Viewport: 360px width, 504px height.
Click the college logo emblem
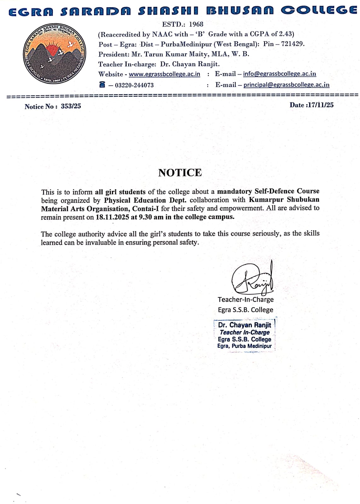click(x=54, y=54)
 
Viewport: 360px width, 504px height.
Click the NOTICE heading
click(x=180, y=173)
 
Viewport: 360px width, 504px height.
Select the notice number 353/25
click(x=71, y=106)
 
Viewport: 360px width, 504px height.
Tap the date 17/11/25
click(x=321, y=105)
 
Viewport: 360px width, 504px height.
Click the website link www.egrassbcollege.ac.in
click(x=165, y=74)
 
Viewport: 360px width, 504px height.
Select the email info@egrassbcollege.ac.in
click(x=279, y=74)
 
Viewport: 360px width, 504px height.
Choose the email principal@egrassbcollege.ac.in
click(x=286, y=85)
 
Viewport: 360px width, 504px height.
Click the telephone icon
click(x=102, y=84)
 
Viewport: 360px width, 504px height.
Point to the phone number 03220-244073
click(x=134, y=85)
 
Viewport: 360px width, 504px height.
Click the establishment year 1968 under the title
click(x=196, y=24)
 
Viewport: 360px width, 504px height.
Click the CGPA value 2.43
click(x=286, y=34)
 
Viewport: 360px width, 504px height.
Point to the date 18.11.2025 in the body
click(x=112, y=217)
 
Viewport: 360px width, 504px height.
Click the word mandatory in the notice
click(x=235, y=192)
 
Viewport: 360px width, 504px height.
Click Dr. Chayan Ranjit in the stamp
click(x=244, y=325)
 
